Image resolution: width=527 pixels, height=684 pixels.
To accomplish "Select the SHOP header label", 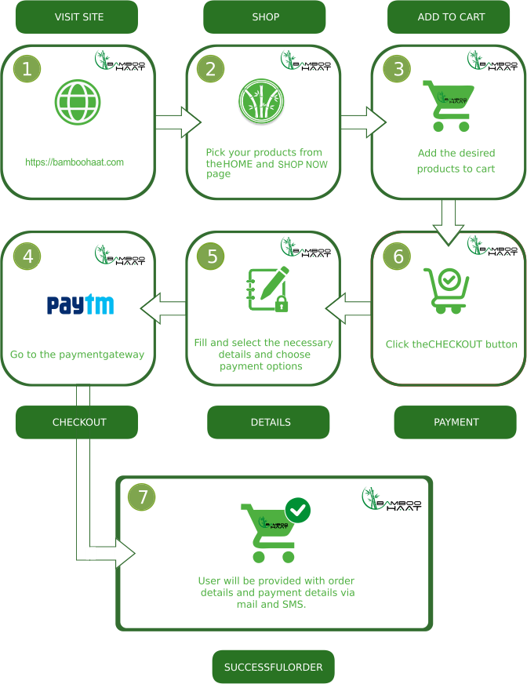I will coord(264,16).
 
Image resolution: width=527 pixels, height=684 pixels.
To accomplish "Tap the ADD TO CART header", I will coord(451,16).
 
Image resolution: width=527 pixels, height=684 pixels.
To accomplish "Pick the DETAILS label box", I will coord(268,422).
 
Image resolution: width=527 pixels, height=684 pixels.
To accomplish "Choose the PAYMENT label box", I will coord(455,422).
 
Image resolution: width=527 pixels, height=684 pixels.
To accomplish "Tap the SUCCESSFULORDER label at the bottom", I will coord(273,667).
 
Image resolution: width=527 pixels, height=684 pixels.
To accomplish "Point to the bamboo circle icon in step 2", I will coord(260,101).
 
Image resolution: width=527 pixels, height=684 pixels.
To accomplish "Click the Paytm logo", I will coord(80,304).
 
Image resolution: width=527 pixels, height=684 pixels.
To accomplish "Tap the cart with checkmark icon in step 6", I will coord(446,290).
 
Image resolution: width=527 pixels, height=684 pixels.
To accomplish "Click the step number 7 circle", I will coord(142,497).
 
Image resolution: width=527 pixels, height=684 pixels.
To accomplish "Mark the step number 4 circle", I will coord(27,256).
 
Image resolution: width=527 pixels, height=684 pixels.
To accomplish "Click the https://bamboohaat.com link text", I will coord(75,162).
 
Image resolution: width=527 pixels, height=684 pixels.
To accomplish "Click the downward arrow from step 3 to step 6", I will coord(449,222).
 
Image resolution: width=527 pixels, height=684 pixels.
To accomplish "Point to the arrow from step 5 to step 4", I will coord(162,308).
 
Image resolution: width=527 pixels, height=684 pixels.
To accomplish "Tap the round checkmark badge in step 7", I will coord(297,511).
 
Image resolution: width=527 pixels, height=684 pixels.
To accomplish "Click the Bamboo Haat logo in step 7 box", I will coord(391,500).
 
